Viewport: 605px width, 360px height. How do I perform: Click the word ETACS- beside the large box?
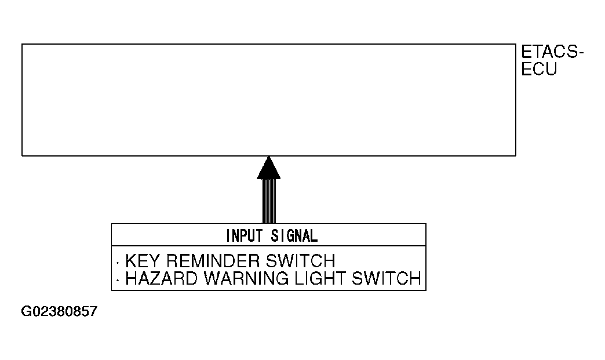(552, 53)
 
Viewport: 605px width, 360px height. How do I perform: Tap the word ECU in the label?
(539, 70)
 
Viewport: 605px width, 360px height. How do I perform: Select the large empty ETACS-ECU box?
(268, 100)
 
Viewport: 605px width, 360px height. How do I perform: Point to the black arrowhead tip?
(268, 158)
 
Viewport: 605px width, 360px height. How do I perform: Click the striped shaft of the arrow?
(268, 201)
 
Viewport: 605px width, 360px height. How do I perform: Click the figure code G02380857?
(59, 312)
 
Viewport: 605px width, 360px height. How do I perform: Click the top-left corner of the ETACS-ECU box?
(22, 44)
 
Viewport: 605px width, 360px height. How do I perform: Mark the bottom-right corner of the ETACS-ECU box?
(515, 155)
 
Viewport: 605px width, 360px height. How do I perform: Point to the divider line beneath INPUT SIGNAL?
(268, 247)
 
